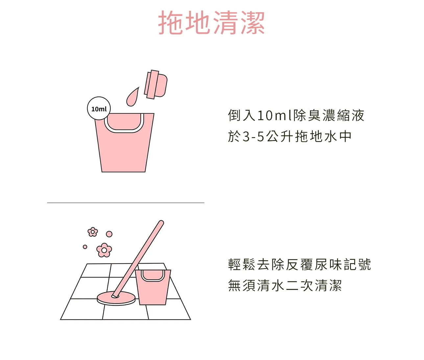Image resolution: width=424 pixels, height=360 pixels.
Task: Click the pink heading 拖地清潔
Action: (x=211, y=22)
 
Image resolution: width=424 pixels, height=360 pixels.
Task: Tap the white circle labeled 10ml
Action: (x=99, y=108)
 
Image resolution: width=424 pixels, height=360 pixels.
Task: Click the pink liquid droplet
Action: (x=132, y=97)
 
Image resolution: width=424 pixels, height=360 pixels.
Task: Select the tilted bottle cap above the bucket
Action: (x=156, y=84)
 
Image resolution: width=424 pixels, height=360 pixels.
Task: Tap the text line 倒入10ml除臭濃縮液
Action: (x=296, y=115)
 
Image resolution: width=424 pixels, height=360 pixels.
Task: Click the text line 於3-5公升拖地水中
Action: (x=290, y=137)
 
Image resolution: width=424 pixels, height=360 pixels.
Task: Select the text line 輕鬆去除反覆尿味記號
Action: (x=299, y=264)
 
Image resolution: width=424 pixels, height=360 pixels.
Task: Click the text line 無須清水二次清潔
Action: (x=285, y=285)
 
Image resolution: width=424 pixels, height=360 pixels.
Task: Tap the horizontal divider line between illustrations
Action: (x=126, y=203)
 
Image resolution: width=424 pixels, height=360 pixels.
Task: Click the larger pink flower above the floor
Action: (x=104, y=250)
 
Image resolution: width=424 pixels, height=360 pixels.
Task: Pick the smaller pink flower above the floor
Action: (x=93, y=232)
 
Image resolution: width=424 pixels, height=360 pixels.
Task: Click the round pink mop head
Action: (x=116, y=298)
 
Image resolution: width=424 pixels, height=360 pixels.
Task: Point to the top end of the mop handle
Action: (x=161, y=223)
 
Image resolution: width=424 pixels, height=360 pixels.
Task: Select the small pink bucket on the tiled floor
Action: (x=153, y=287)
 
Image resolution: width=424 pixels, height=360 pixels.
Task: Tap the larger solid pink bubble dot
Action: (x=109, y=234)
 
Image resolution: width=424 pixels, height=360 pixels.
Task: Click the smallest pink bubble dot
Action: (x=85, y=247)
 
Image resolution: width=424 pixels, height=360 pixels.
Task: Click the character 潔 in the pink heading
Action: (x=253, y=22)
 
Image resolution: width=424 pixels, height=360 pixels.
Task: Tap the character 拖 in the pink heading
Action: (x=170, y=22)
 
